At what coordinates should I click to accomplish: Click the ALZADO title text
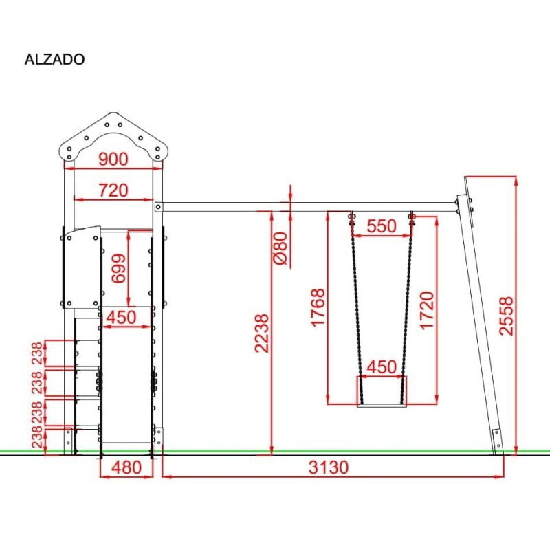(55, 59)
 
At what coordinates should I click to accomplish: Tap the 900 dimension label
(113, 159)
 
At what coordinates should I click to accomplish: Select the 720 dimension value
(113, 190)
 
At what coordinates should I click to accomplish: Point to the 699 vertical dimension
(118, 268)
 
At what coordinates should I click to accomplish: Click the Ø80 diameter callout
(280, 248)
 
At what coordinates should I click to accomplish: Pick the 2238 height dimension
(262, 333)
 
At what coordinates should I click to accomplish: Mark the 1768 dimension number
(318, 307)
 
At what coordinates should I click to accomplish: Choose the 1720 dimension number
(427, 310)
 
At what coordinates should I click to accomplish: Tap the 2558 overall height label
(506, 316)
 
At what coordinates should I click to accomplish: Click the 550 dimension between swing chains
(382, 226)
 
